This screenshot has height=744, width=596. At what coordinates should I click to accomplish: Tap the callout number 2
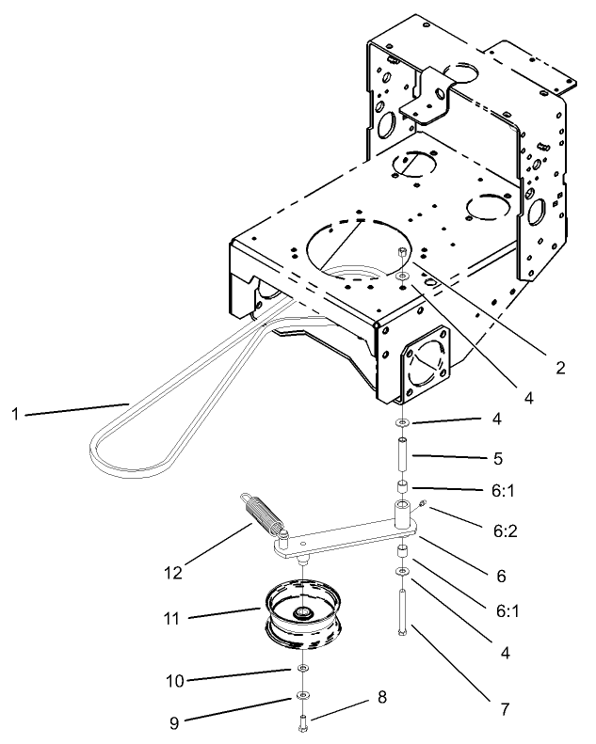point(560,368)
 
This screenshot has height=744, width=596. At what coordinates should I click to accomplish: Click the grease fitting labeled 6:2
point(424,507)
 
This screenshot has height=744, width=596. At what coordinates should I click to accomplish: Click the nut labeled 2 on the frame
point(402,254)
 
